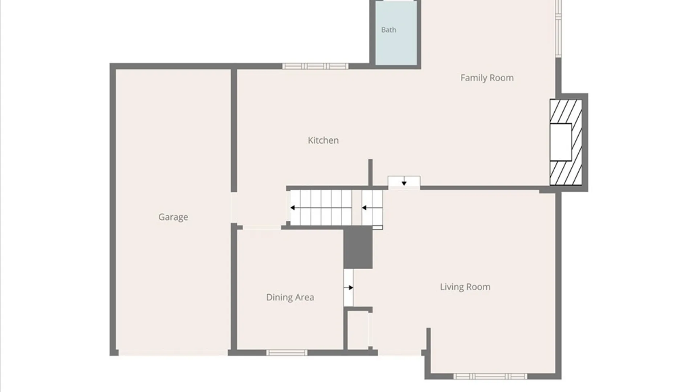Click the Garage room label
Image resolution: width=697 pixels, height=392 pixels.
(x=173, y=217)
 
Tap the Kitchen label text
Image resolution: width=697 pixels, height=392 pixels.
(x=323, y=140)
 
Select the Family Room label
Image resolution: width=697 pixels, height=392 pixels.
(x=487, y=78)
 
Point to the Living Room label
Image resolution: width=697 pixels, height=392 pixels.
(x=465, y=287)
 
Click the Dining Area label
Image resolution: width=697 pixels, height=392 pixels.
(x=290, y=298)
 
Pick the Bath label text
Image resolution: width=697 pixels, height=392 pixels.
(x=388, y=30)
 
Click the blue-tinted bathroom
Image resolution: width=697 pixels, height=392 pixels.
(x=396, y=33)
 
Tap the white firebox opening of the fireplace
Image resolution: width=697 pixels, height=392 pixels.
(x=561, y=142)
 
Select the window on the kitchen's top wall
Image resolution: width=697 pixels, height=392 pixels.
(x=315, y=66)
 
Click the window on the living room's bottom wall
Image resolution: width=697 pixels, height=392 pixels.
(x=490, y=376)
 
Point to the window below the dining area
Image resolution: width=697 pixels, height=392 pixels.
(x=287, y=352)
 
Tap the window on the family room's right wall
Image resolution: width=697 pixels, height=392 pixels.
(x=558, y=28)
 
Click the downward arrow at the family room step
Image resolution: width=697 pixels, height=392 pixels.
(x=404, y=181)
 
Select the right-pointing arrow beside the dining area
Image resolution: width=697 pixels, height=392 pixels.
(x=348, y=288)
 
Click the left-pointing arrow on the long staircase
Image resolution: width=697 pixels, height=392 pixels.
(x=321, y=208)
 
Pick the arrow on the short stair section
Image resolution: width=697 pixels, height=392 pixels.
(x=372, y=208)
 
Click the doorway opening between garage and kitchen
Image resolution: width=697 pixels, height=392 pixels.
(x=234, y=208)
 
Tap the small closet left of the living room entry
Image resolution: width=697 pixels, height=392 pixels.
(x=358, y=330)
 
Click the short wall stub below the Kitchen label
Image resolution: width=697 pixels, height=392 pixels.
(x=370, y=173)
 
